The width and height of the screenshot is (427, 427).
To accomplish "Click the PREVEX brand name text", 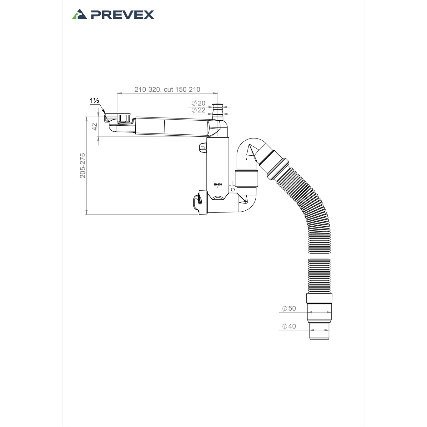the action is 123,15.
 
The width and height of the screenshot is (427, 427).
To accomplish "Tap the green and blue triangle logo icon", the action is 79,14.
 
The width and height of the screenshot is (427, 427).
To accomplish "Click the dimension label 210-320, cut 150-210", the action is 167,89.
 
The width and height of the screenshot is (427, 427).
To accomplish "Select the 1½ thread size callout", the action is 94,101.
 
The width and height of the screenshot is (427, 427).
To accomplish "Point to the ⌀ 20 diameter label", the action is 198,103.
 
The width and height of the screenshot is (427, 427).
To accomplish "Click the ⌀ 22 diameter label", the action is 198,110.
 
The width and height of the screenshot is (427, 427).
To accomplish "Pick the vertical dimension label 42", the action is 95,127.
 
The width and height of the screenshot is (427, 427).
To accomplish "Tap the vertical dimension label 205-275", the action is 83,166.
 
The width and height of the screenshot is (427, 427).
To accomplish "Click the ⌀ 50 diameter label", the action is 289,308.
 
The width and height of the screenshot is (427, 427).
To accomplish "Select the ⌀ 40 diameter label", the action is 289,326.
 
